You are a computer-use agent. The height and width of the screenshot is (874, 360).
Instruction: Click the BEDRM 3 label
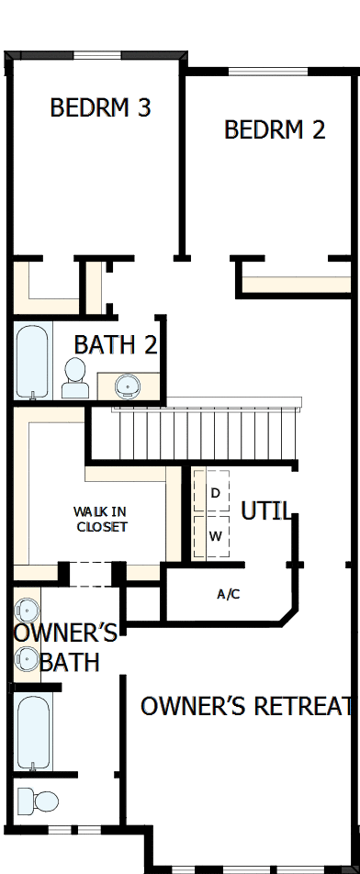(x=100, y=108)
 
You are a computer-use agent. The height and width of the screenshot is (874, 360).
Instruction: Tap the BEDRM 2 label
(x=275, y=129)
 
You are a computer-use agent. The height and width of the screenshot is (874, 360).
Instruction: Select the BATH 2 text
(x=116, y=345)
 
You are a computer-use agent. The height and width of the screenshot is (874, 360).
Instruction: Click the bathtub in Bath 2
(x=32, y=362)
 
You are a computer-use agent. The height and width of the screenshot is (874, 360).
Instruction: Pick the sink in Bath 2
(x=126, y=386)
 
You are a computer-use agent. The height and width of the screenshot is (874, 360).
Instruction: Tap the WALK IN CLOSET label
(x=101, y=519)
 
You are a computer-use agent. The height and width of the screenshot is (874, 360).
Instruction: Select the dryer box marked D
(x=215, y=494)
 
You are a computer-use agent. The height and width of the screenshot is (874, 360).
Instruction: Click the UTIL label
(x=266, y=511)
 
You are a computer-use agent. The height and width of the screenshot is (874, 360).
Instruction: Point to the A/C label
(x=229, y=594)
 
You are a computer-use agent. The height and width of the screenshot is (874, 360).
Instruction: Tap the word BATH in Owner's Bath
(x=70, y=661)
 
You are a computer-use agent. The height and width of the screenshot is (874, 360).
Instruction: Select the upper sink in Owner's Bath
(x=26, y=611)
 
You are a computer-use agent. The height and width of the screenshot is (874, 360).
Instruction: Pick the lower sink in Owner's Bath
(x=26, y=658)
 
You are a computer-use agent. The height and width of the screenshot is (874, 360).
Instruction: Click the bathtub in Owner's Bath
(x=33, y=733)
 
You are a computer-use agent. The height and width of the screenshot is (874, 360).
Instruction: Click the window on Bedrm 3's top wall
(x=97, y=56)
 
